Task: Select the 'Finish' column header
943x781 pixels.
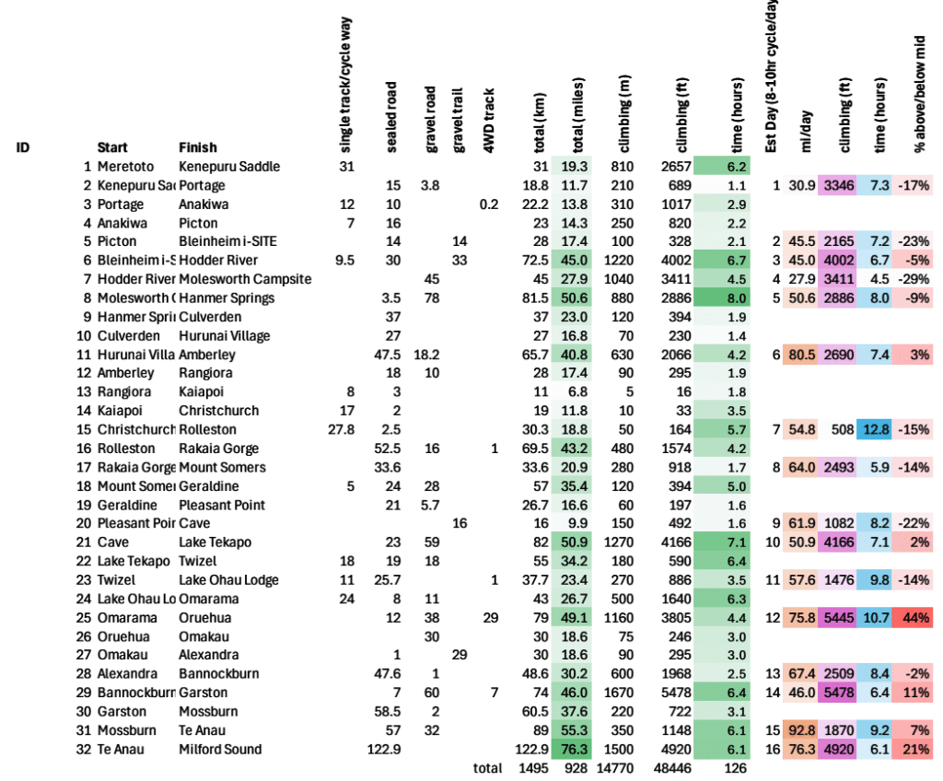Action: click(198, 147)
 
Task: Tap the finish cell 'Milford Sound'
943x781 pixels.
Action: click(220, 749)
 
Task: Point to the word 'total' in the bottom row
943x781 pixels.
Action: click(487, 767)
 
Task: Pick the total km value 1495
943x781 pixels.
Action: click(537, 767)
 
